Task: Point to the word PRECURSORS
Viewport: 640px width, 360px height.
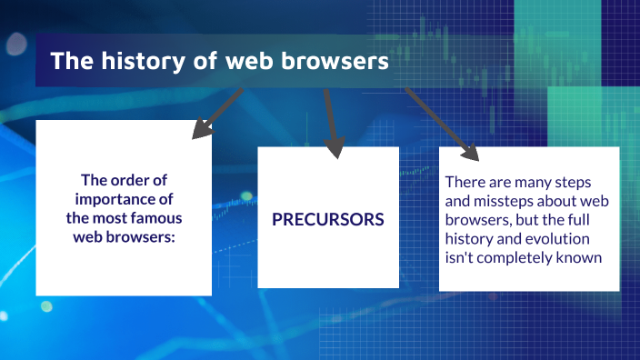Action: click(x=328, y=220)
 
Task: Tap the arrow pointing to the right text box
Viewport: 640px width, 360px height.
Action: click(x=442, y=122)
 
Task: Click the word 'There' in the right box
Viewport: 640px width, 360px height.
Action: click(x=465, y=184)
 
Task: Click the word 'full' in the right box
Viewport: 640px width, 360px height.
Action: click(x=578, y=219)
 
